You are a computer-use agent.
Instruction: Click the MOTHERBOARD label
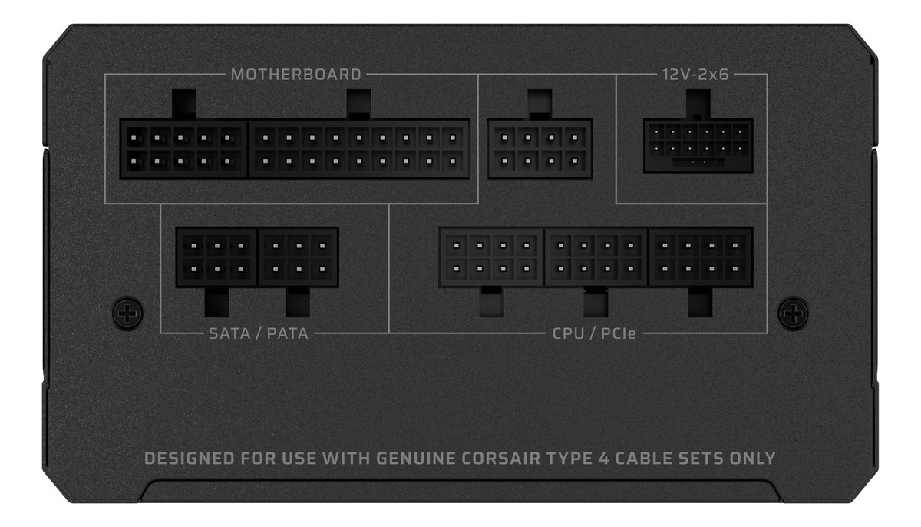click(x=295, y=75)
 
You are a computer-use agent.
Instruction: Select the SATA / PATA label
click(x=259, y=333)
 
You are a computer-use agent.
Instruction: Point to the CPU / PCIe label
click(x=596, y=333)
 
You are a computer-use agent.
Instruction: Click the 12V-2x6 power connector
click(x=698, y=145)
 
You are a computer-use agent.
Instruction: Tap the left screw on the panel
click(x=127, y=313)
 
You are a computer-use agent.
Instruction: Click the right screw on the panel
click(x=793, y=313)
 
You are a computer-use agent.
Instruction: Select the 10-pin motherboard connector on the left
click(x=183, y=149)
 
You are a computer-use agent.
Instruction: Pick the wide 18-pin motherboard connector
click(x=359, y=149)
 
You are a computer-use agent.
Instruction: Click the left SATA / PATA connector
click(x=216, y=257)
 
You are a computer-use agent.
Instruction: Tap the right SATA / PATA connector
click(x=299, y=257)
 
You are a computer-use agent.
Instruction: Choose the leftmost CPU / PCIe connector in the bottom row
click(x=491, y=257)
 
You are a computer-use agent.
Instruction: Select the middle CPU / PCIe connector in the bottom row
click(x=596, y=257)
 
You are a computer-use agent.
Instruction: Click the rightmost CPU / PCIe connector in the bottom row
click(x=700, y=257)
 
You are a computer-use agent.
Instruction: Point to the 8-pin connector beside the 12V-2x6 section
click(x=540, y=149)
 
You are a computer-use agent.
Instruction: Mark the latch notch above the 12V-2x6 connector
click(x=698, y=104)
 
